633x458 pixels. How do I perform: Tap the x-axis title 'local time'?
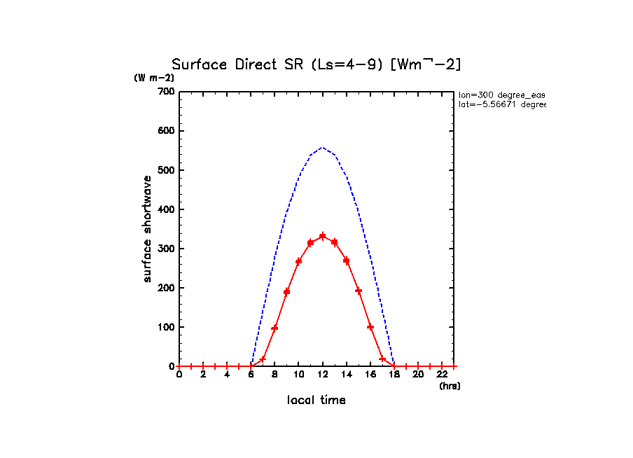click(316, 401)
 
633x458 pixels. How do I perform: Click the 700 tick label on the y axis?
click(165, 92)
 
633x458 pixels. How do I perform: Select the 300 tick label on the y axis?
click(165, 209)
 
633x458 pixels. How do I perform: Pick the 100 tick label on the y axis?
click(165, 327)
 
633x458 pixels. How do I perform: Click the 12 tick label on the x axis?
click(323, 375)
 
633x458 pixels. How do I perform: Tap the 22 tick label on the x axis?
click(442, 375)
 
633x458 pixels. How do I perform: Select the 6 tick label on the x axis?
click(251, 375)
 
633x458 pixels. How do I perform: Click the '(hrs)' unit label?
click(450, 386)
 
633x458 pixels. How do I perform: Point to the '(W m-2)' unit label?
click(154, 78)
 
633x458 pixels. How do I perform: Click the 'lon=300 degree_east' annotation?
click(501, 95)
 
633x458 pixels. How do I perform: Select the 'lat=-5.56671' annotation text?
click(501, 104)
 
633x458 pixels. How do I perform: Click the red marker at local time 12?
click(323, 236)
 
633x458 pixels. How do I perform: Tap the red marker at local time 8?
click(274, 328)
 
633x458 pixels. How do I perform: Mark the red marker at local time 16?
click(370, 327)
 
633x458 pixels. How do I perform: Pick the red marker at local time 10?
click(298, 261)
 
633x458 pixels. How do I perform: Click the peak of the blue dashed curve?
click(323, 148)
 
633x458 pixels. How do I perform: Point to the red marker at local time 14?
click(347, 261)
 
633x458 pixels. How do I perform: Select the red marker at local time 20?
click(418, 366)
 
